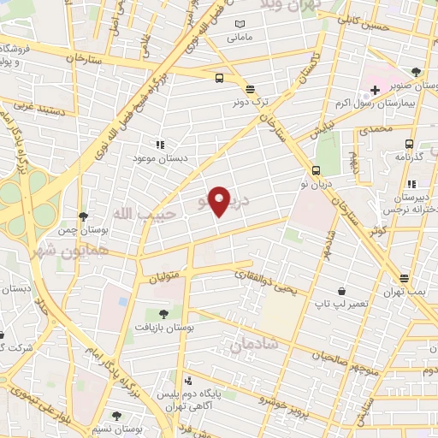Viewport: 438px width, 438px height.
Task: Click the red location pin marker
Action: coord(220,201)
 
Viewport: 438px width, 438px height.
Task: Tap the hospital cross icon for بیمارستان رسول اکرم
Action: coord(375,90)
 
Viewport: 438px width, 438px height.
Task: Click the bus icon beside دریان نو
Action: coord(317,170)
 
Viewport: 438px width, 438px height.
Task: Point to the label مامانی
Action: coord(238,38)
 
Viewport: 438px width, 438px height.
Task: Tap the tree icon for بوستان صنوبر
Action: coord(416,72)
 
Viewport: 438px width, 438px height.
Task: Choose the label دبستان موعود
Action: coord(160,159)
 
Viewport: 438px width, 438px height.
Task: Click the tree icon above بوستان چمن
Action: coord(82,216)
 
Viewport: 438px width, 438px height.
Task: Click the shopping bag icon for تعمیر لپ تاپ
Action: coord(341,291)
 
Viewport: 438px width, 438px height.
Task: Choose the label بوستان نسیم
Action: coord(117,428)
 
